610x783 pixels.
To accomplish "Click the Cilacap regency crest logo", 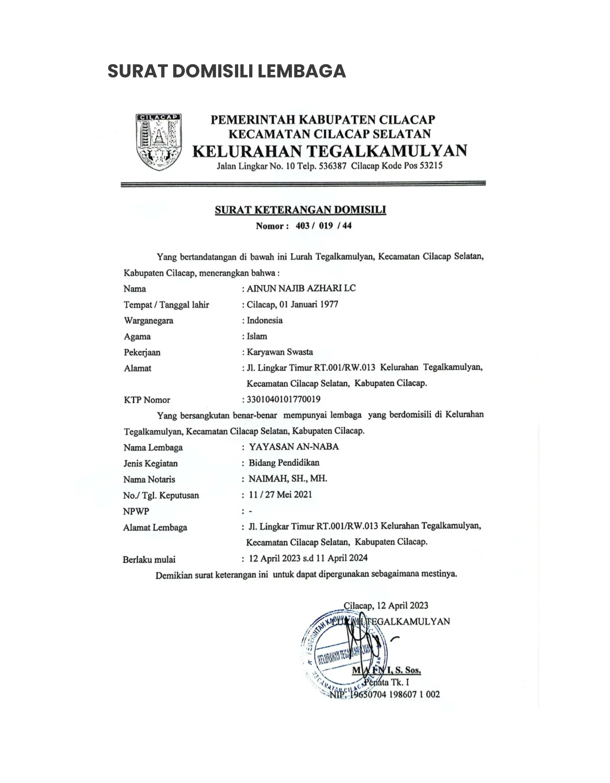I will [158, 142].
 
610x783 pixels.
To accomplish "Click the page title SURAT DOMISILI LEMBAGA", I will [226, 71].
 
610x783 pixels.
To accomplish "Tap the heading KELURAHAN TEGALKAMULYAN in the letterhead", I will [330, 151].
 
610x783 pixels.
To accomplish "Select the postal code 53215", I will [431, 166].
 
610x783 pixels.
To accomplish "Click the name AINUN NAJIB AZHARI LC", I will [301, 289].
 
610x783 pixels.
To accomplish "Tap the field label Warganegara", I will [148, 321].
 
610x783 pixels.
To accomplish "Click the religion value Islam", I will [257, 336].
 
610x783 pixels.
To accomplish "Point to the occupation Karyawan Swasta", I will [280, 352].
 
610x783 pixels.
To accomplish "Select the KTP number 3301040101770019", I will [283, 399].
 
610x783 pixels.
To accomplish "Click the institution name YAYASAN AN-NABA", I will [294, 447].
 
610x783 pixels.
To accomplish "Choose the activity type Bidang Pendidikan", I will [284, 463].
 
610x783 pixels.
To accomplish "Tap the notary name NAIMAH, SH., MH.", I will [288, 478].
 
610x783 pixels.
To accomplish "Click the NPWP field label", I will [136, 511].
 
